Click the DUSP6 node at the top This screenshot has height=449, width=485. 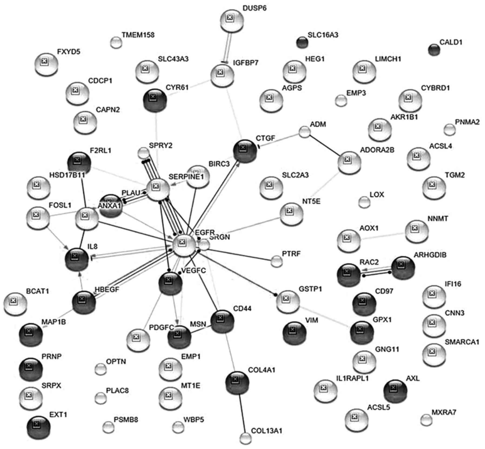point(232,21)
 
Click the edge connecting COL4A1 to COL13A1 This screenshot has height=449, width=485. point(242,414)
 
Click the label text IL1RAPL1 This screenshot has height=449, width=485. point(352,378)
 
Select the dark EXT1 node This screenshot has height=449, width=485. point(39,427)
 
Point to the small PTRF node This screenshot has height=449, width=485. point(276,261)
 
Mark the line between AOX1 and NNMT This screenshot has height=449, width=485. point(383,235)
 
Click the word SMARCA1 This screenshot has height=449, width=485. point(462,342)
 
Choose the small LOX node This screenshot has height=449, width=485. point(364,202)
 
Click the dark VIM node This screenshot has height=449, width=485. point(294,332)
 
